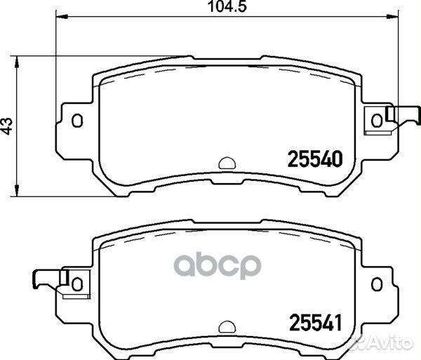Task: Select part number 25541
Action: pos(314,324)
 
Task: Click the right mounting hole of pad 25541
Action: pos(377,282)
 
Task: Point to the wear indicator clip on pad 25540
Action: pos(399,114)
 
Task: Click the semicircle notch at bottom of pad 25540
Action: pos(227,163)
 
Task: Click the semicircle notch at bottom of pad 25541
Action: pos(227,326)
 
